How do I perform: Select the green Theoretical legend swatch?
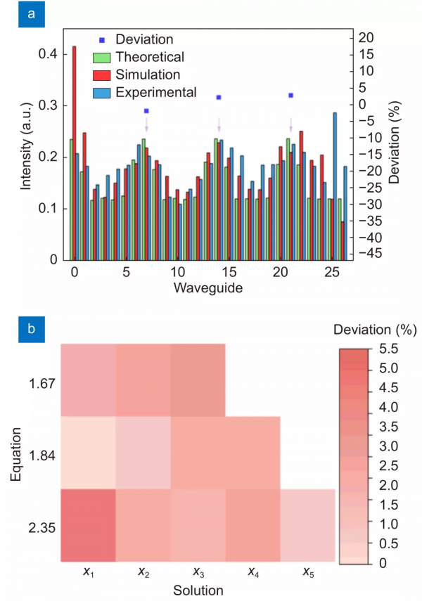(x=103, y=57)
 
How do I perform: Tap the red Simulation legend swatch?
(x=103, y=75)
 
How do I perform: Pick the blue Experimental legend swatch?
(x=103, y=92)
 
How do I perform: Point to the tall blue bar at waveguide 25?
(x=335, y=186)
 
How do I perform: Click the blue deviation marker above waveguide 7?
(x=146, y=111)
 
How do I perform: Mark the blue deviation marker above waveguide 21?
(x=290, y=95)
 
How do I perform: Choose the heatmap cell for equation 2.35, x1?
(x=88, y=525)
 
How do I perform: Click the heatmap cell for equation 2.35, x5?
(x=307, y=525)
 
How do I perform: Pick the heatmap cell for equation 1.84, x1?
(x=88, y=453)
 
